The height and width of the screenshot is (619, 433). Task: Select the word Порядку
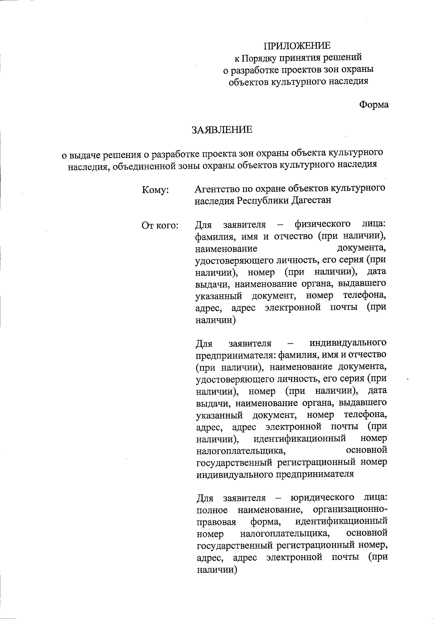pyautogui.click(x=258, y=58)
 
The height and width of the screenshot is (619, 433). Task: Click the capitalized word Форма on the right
pyautogui.click(x=374, y=105)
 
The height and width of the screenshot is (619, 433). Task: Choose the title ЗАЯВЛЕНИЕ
pyautogui.click(x=222, y=130)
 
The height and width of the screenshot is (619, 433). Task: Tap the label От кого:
pyautogui.click(x=160, y=226)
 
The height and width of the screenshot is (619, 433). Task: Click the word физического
pyautogui.click(x=323, y=224)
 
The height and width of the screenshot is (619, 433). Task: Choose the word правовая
pyautogui.click(x=216, y=522)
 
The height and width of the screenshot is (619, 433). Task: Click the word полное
pyautogui.click(x=212, y=510)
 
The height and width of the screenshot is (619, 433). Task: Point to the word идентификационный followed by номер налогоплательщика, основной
pyautogui.click(x=341, y=522)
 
